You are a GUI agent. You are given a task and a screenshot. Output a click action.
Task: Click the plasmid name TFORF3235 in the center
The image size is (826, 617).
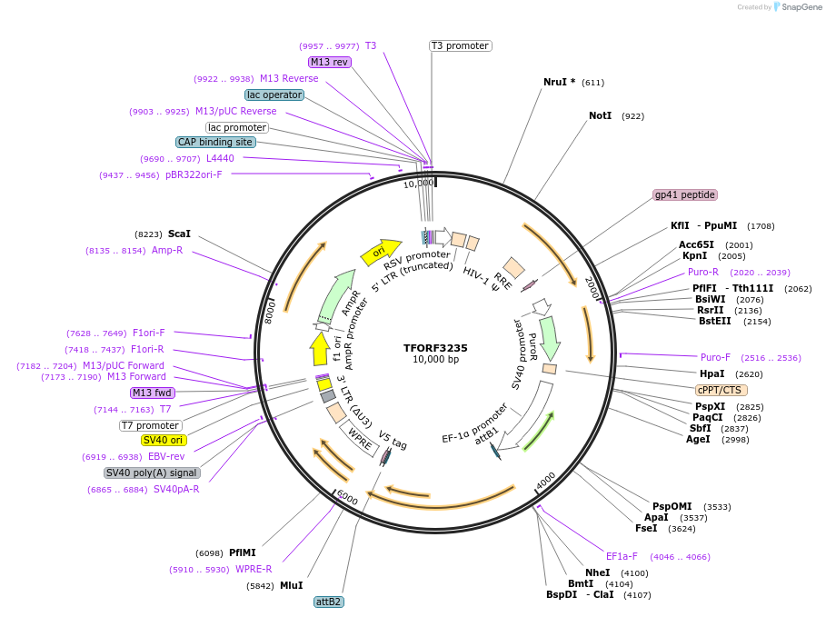coord(435,347)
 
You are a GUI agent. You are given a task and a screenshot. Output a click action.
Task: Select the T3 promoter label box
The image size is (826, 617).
coord(460,45)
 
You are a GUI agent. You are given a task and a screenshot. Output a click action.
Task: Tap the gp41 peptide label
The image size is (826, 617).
coord(685,195)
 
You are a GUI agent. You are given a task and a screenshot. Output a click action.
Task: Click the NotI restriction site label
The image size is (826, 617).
coord(601,116)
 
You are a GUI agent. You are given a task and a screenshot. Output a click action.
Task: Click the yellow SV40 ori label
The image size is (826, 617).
coord(164,441)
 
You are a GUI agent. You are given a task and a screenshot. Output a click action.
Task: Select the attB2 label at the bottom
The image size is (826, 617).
coord(328,602)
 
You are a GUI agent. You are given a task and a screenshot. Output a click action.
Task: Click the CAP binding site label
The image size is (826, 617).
coord(215,143)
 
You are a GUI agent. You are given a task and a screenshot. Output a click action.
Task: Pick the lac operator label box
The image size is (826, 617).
coord(274,95)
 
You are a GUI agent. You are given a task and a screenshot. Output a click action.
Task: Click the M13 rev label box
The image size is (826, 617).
coord(329,63)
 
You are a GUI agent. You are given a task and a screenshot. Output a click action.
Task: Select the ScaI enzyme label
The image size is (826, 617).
coord(179,234)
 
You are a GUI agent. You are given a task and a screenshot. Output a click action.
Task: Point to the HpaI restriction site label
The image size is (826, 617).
coord(712,373)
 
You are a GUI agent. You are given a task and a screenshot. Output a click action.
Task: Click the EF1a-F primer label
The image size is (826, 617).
coord(622,556)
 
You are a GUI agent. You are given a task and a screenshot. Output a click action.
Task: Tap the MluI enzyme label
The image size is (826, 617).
coord(291,586)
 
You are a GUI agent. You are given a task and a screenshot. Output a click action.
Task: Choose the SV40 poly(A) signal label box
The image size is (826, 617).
coord(152,473)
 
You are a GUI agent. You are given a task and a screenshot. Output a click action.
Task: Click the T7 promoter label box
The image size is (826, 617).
coord(151,425)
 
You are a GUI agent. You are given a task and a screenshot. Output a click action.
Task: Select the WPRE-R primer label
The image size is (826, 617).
coord(254,570)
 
